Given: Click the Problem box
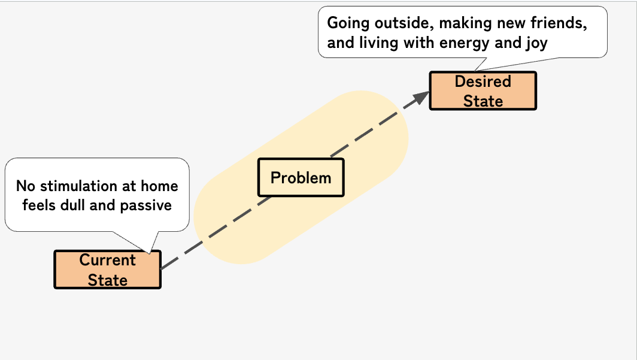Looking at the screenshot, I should tap(301, 178).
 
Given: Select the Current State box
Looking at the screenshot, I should tap(108, 270).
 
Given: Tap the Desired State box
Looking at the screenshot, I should tap(483, 90).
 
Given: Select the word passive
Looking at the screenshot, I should tap(146, 205).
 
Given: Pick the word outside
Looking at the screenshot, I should tap(401, 24).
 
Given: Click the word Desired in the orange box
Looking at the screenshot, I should tap(483, 81).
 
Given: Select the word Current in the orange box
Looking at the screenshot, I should tap(108, 260).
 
